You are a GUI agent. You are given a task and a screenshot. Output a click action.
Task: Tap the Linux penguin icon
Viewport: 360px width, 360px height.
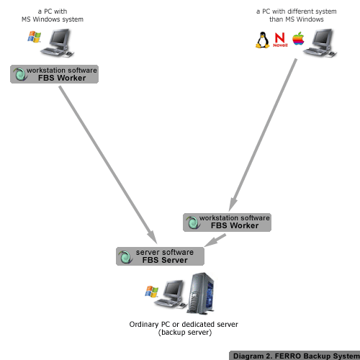262,40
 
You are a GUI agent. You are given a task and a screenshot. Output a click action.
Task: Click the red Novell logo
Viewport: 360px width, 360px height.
279,41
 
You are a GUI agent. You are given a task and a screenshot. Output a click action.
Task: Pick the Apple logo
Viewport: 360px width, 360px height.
297,40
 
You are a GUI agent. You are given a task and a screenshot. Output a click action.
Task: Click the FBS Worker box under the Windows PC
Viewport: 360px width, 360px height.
54,73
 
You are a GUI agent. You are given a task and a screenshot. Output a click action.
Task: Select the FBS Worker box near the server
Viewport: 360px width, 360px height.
228,222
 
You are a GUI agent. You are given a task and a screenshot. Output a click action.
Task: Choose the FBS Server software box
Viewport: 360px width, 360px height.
159,256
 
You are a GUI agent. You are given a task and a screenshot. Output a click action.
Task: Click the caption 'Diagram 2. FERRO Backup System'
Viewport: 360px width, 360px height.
294,355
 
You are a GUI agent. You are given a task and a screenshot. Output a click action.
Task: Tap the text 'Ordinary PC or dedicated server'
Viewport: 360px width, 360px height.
183,325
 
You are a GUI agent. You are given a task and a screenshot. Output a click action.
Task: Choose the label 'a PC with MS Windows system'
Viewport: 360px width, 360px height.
53,15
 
